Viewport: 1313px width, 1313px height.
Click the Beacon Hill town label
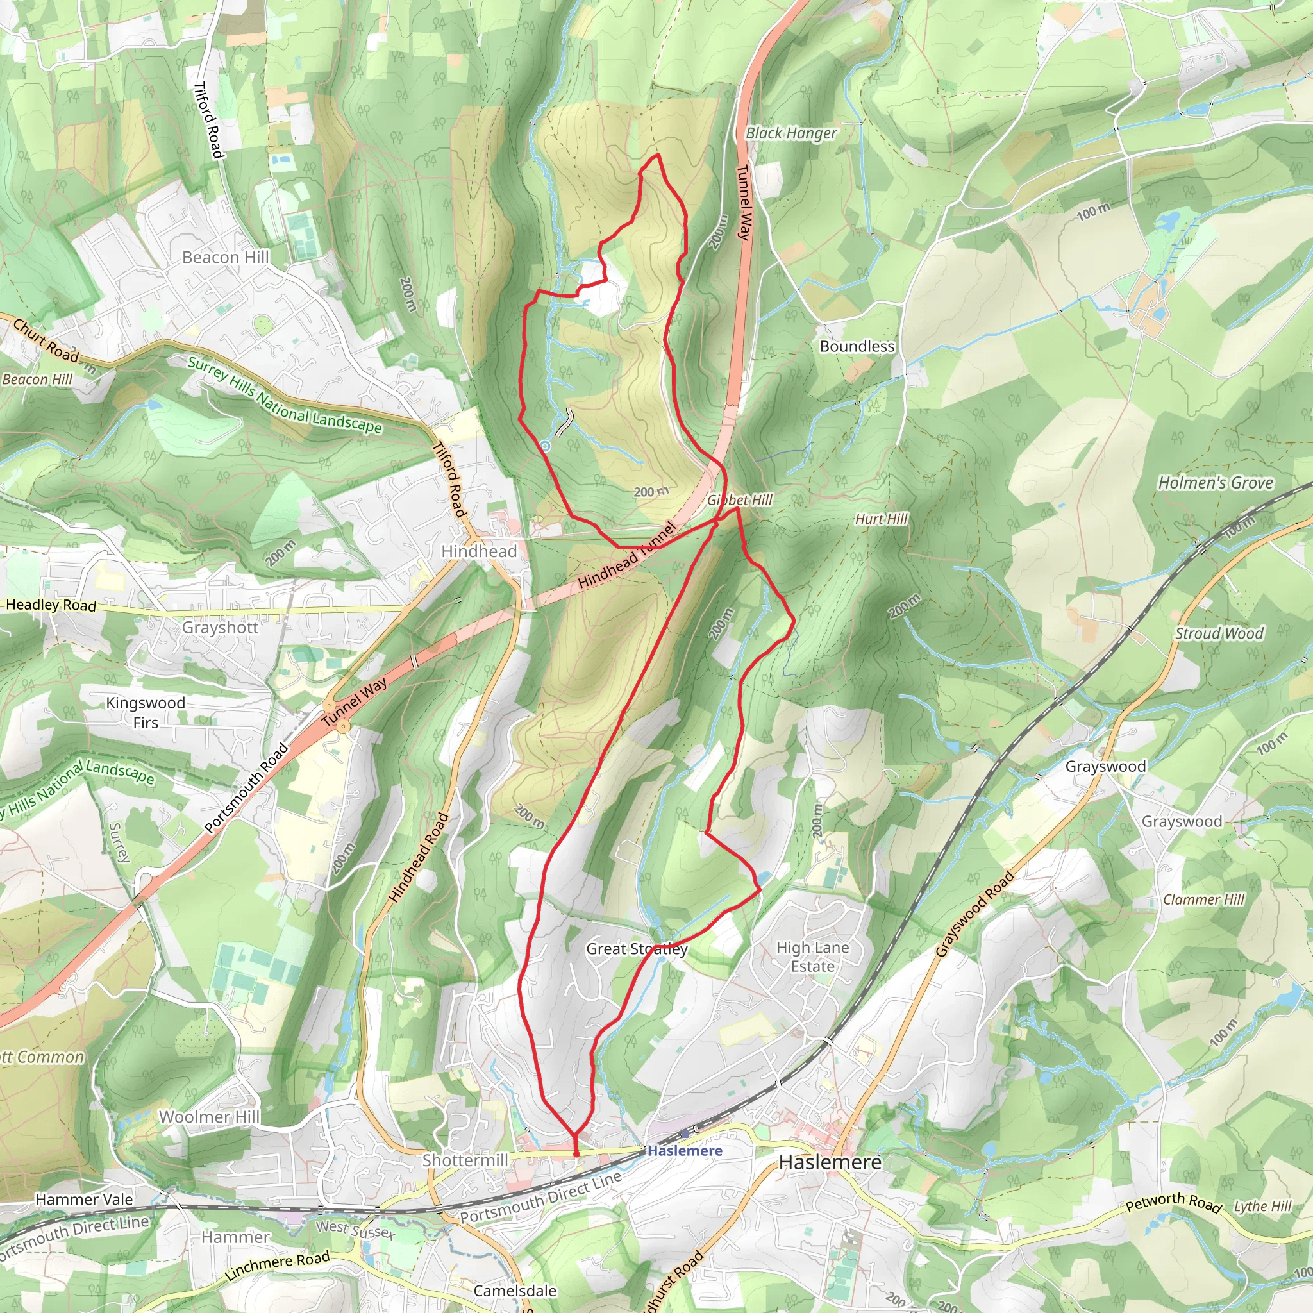(x=226, y=258)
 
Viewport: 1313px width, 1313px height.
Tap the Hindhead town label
(x=479, y=551)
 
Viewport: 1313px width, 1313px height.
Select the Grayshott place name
(x=220, y=627)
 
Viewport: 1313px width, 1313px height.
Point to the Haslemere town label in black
(x=830, y=1162)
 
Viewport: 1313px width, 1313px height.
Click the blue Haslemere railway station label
(x=684, y=1151)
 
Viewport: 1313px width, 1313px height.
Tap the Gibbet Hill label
(x=740, y=500)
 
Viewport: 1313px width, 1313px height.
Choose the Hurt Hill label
(x=881, y=519)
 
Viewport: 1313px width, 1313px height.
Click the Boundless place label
(x=857, y=347)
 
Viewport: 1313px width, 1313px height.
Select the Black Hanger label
(x=791, y=133)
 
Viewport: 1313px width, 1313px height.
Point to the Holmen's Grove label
(x=1215, y=483)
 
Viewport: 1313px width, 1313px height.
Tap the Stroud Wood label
(x=1219, y=633)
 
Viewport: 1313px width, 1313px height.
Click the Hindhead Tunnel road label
(x=627, y=555)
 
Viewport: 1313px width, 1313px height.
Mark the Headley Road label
(x=51, y=605)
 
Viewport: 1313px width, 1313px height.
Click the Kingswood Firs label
(x=146, y=712)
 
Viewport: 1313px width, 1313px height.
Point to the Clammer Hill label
(x=1203, y=899)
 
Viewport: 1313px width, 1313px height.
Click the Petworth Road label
(x=1174, y=1202)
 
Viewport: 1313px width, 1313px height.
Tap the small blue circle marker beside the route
(x=545, y=446)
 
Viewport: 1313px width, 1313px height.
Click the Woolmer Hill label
(x=209, y=1117)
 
